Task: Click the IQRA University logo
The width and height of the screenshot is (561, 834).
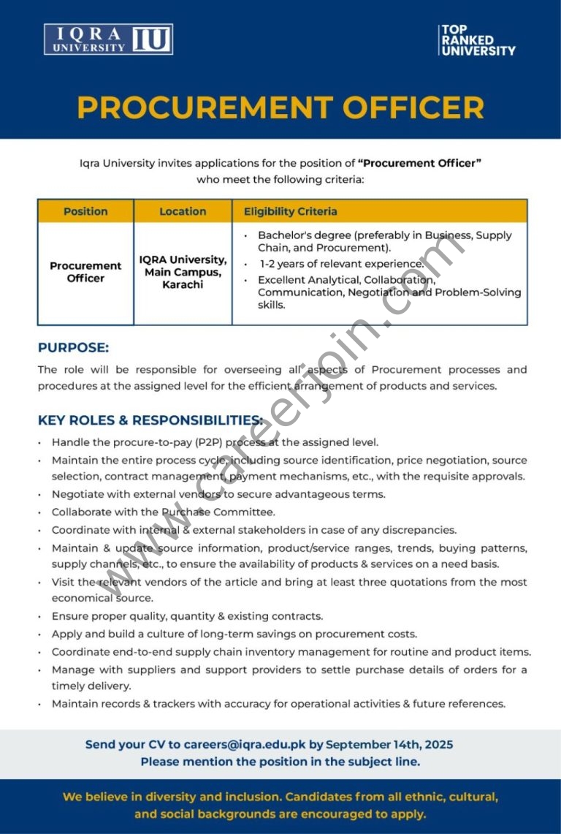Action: (x=108, y=39)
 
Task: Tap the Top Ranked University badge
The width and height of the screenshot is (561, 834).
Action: (x=477, y=40)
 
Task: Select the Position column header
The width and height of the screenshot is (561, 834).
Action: (x=85, y=211)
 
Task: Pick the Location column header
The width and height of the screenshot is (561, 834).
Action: (x=183, y=211)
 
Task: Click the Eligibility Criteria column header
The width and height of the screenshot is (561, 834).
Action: (x=291, y=211)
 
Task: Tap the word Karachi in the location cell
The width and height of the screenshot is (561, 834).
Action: (x=183, y=284)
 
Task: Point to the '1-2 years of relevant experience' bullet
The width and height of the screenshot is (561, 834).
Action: (x=341, y=264)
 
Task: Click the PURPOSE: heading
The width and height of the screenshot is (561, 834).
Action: (x=73, y=348)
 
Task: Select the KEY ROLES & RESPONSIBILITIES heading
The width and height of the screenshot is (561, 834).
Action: (x=150, y=420)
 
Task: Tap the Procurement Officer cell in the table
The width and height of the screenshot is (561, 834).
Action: (x=85, y=272)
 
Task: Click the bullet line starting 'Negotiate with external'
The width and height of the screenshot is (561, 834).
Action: (x=218, y=495)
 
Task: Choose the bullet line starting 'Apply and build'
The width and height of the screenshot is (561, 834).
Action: (x=234, y=634)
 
